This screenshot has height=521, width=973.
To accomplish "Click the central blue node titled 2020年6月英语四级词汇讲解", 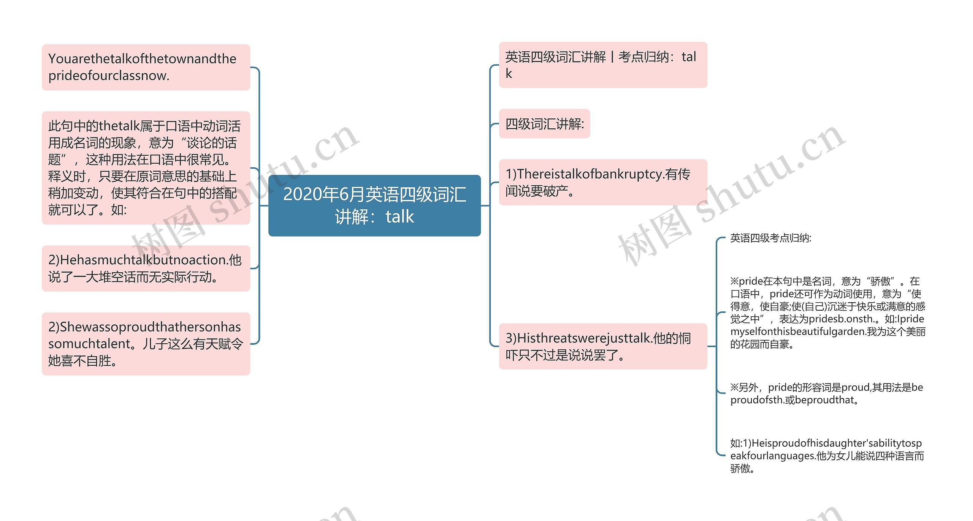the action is pos(374,205).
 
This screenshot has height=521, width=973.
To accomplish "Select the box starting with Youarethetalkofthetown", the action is pos(146,67).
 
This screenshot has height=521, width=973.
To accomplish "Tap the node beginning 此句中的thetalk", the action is pos(146,167).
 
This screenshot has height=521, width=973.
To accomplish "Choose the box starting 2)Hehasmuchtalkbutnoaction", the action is pos(146,268).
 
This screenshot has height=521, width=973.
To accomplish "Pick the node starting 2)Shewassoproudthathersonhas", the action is pos(146,344).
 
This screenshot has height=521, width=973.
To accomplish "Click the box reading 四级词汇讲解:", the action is pos(544,124).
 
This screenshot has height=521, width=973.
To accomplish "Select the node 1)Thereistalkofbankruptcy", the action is pos(603,182).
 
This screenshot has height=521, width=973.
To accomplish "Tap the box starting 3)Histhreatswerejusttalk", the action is pos(603,346).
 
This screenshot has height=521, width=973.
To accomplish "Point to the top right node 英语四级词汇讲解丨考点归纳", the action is pos(603,65).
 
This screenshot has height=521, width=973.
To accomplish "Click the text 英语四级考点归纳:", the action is pos(771,238).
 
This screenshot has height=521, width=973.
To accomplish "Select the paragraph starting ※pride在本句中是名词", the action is pos(827,313).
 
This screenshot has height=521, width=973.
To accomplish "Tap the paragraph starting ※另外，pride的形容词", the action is pos(826,393).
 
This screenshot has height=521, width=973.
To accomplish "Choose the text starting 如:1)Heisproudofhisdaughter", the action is pos(826,455).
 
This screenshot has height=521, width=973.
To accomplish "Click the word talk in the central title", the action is pos(399,217).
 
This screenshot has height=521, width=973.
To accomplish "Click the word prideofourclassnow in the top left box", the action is pos(109,76).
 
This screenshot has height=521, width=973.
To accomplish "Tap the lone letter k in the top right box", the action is pos(509,74).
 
